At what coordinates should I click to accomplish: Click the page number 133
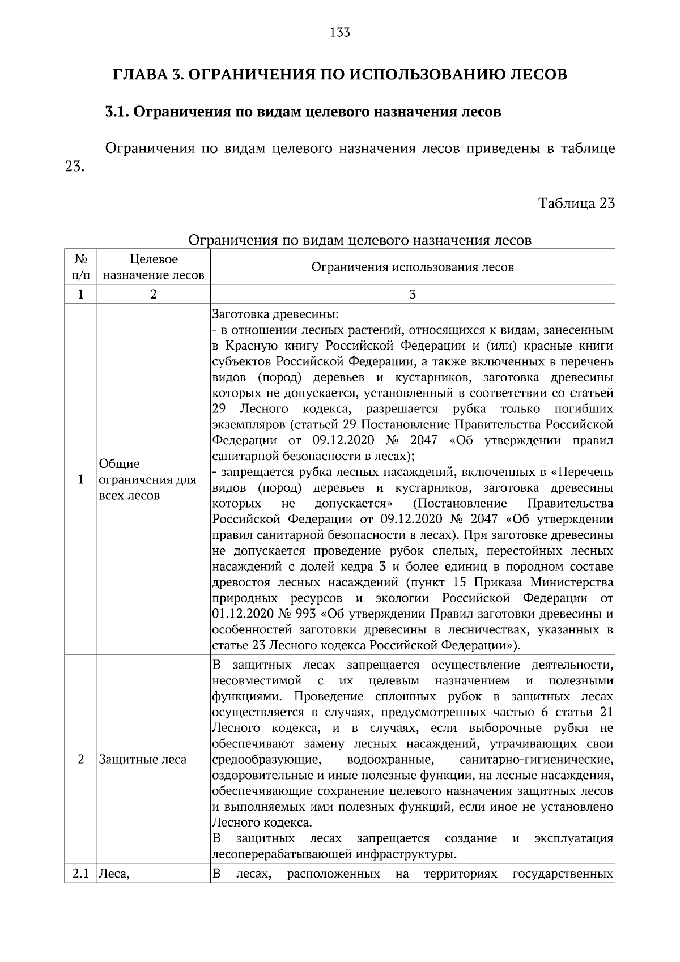(340, 32)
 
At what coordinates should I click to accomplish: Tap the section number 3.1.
(117, 112)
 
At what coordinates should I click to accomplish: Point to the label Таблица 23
(576, 203)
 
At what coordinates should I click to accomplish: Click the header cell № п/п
(80, 267)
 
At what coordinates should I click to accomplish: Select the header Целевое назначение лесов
(154, 267)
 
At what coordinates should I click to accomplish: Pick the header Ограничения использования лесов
(413, 267)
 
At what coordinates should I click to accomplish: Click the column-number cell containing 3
(413, 294)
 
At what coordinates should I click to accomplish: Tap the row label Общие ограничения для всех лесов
(147, 479)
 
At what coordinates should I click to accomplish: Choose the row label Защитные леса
(142, 759)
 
